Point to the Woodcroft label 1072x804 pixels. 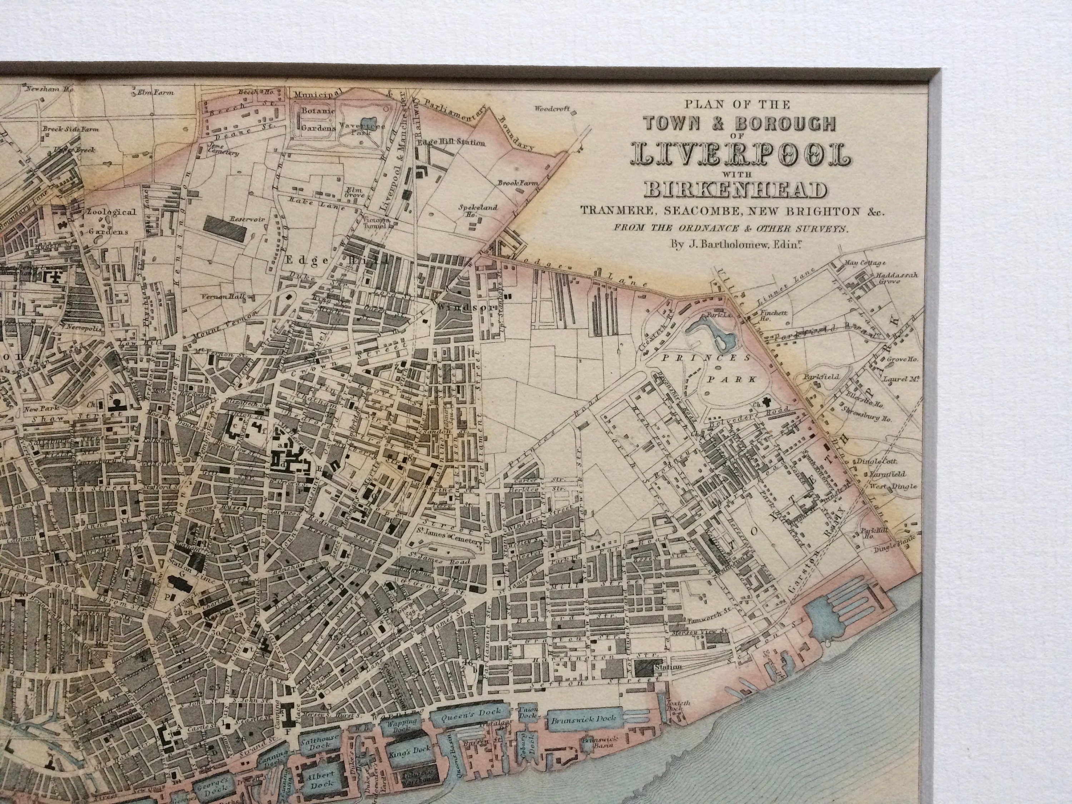point(552,109)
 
